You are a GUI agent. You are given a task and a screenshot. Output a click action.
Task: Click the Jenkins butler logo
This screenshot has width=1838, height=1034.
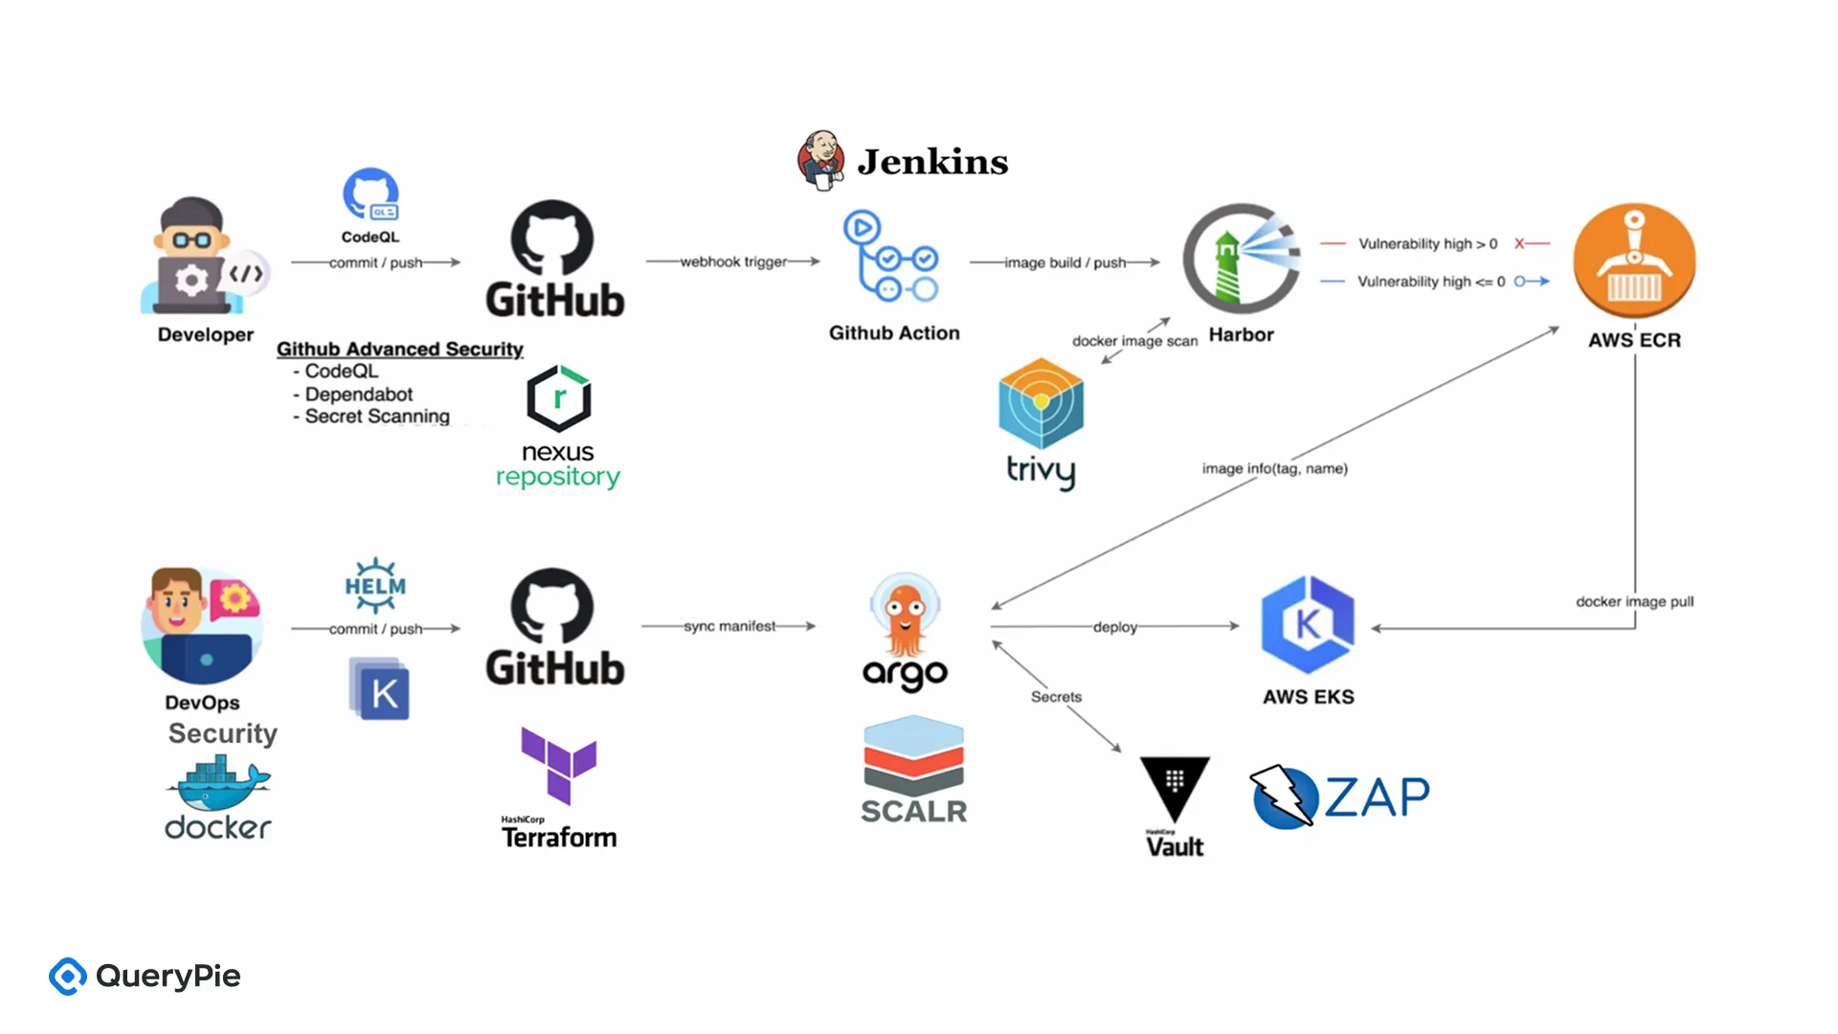click(x=820, y=160)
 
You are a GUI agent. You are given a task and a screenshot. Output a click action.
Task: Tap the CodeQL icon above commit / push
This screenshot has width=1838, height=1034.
click(x=370, y=195)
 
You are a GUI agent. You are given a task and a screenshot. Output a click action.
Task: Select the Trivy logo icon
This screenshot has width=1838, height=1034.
click(x=1041, y=403)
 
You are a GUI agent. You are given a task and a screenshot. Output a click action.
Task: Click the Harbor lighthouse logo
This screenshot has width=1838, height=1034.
click(x=1242, y=258)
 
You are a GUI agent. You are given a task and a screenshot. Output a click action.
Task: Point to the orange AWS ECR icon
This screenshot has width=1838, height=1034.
click(x=1634, y=260)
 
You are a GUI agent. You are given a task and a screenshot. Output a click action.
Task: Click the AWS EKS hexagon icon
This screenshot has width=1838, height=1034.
click(x=1308, y=624)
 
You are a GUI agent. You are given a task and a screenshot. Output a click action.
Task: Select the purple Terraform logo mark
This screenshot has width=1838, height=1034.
click(x=559, y=764)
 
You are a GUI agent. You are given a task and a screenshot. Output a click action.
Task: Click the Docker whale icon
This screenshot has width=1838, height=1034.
click(x=218, y=783)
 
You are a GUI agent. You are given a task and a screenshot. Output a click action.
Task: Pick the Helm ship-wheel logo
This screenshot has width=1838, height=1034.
click(x=375, y=585)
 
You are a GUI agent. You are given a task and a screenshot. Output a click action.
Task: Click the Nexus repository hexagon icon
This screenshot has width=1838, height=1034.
click(x=559, y=397)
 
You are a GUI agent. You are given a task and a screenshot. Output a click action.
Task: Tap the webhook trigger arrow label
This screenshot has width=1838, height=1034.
click(x=733, y=261)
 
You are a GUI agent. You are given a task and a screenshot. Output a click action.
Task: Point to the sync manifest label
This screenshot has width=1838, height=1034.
click(x=729, y=626)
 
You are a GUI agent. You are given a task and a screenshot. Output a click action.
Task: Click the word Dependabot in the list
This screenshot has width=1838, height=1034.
click(x=359, y=394)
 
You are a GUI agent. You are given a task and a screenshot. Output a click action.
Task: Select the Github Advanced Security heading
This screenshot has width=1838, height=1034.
click(x=400, y=348)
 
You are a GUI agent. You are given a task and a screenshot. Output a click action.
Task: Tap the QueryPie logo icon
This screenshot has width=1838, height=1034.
click(x=68, y=977)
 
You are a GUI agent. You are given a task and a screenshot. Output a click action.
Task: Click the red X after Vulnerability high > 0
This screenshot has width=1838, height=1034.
click(x=1519, y=244)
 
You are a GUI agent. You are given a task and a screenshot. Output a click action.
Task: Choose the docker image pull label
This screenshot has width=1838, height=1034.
click(x=1634, y=601)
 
